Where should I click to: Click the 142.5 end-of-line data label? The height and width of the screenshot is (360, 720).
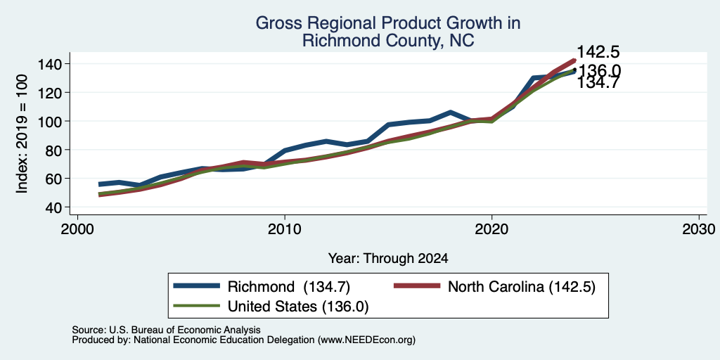pyautogui.click(x=598, y=51)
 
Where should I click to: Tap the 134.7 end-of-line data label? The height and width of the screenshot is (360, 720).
pyautogui.click(x=598, y=83)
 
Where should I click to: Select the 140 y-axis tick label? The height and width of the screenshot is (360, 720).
pyautogui.click(x=51, y=64)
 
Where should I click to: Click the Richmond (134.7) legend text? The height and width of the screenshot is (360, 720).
pyautogui.click(x=289, y=287)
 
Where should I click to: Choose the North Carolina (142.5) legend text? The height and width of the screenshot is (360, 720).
pyautogui.click(x=522, y=287)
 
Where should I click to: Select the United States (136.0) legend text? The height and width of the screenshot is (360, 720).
pyautogui.click(x=298, y=307)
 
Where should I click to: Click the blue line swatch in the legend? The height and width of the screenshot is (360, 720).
pyautogui.click(x=197, y=286)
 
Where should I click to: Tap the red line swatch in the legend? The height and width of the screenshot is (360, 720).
pyautogui.click(x=416, y=286)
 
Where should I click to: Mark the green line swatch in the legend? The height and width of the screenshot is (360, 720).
pyautogui.click(x=197, y=306)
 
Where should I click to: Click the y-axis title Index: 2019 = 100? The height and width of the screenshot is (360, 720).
pyautogui.click(x=22, y=134)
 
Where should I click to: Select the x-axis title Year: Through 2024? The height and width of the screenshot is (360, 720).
pyautogui.click(x=388, y=259)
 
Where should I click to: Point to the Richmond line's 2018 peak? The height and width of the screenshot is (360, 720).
pyautogui.click(x=451, y=112)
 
